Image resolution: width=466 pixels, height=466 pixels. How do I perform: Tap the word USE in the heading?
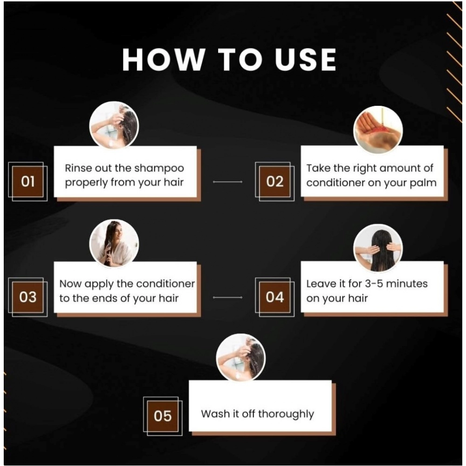click(306, 60)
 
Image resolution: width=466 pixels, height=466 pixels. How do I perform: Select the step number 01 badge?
click(27, 181)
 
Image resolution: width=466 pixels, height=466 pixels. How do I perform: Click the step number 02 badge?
click(275, 181)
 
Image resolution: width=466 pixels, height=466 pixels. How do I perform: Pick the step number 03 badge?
click(27, 297)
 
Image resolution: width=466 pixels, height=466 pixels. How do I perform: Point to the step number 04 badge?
click(275, 297)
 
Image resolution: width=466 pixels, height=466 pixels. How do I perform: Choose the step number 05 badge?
click(163, 416)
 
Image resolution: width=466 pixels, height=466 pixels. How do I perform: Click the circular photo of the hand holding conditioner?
click(378, 130)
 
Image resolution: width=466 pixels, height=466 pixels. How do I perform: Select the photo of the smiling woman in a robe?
click(114, 243)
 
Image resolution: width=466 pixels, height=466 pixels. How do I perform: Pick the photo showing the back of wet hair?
click(378, 248)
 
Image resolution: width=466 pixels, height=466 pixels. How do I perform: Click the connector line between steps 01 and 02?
click(228, 182)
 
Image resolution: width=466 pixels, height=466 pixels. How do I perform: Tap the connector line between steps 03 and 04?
click(228, 297)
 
